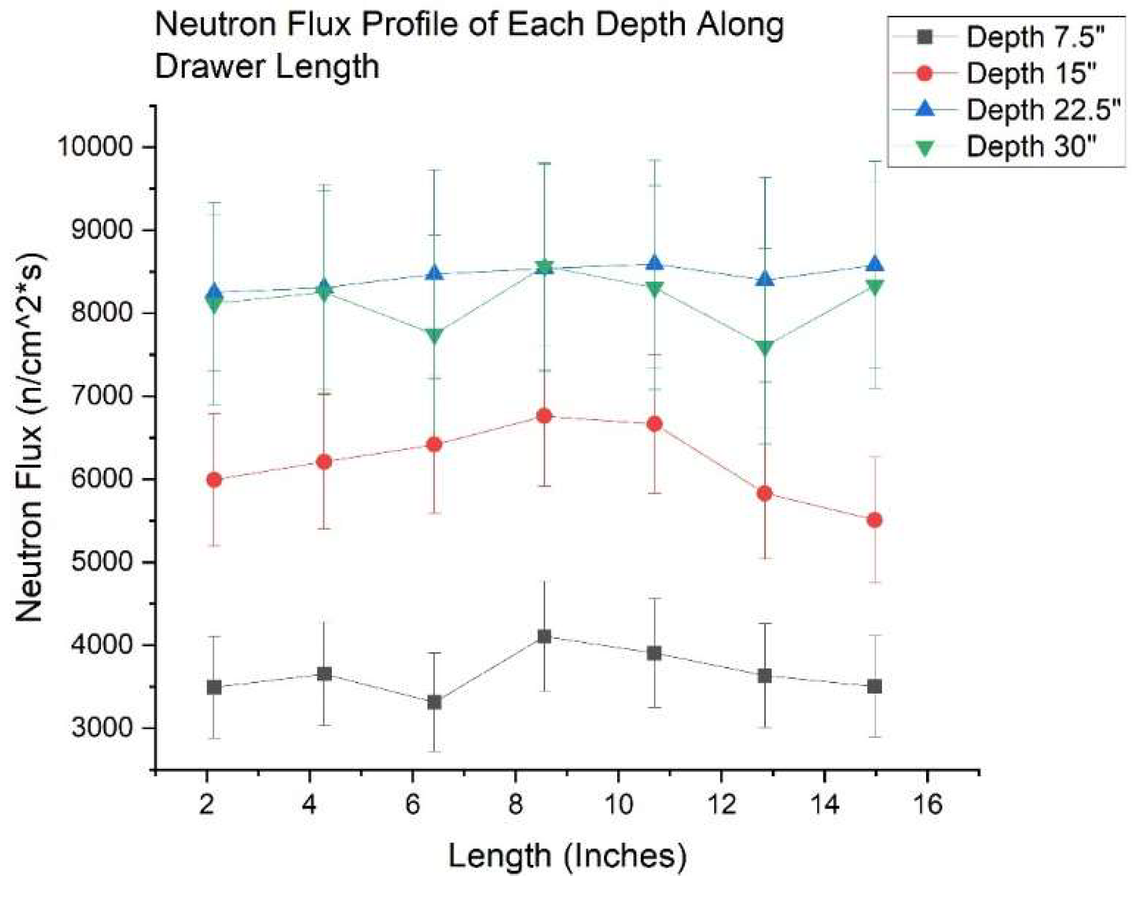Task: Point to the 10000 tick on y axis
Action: tap(94, 147)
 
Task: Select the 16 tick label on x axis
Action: tap(927, 804)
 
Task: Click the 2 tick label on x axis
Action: tap(206, 804)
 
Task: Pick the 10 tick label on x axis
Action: tap(618, 804)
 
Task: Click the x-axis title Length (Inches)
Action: tap(567, 856)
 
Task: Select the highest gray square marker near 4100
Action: tap(544, 636)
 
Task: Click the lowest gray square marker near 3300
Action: tap(434, 702)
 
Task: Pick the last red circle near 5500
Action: tap(874, 521)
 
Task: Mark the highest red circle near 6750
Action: tap(544, 416)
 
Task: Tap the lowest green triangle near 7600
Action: tap(764, 348)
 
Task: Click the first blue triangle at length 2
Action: tap(214, 292)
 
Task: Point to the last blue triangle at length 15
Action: tap(874, 264)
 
